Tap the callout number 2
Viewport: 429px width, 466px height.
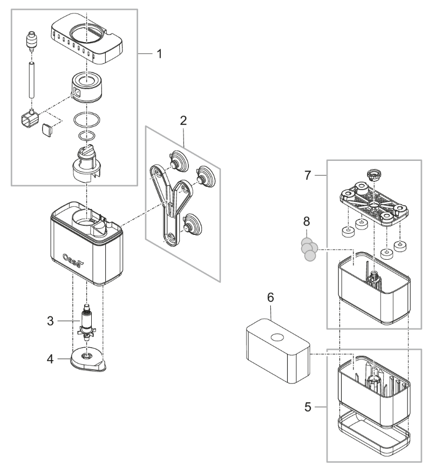coord(183,120)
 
